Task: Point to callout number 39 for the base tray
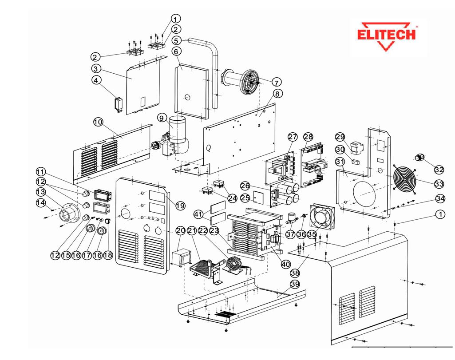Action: click(x=296, y=284)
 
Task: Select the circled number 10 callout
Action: click(x=98, y=122)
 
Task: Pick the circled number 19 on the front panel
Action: click(x=179, y=206)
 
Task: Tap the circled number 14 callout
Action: click(x=41, y=202)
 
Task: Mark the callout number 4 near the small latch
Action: click(x=95, y=80)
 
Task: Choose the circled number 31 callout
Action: click(x=340, y=162)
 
